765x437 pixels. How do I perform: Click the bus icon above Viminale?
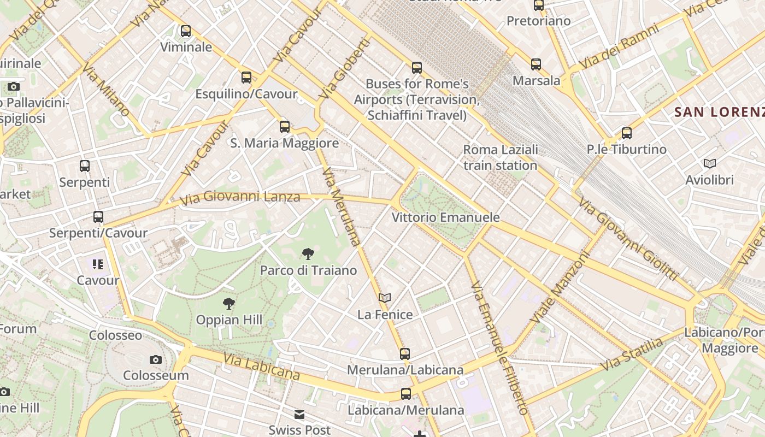click(186, 31)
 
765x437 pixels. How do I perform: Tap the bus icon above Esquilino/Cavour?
click(246, 78)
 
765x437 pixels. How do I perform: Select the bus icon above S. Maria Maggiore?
click(285, 127)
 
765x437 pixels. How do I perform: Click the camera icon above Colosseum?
click(156, 359)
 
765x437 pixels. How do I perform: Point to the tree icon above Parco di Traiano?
click(308, 253)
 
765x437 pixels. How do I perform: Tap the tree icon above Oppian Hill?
click(229, 303)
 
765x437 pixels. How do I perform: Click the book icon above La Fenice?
click(385, 298)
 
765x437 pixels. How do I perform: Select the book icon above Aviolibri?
click(710, 163)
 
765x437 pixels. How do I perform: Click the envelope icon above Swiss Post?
click(299, 415)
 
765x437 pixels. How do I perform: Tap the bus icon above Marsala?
click(536, 64)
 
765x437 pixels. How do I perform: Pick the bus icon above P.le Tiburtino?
click(627, 133)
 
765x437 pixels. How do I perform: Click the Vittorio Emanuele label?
click(445, 217)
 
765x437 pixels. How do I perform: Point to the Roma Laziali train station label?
click(500, 157)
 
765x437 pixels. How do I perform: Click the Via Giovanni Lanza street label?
click(240, 197)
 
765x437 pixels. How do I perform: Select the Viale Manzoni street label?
click(560, 286)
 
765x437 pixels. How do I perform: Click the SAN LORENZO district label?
click(719, 113)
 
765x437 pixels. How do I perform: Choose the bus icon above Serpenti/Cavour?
click(98, 217)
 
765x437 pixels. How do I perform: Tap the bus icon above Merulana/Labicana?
click(405, 353)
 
